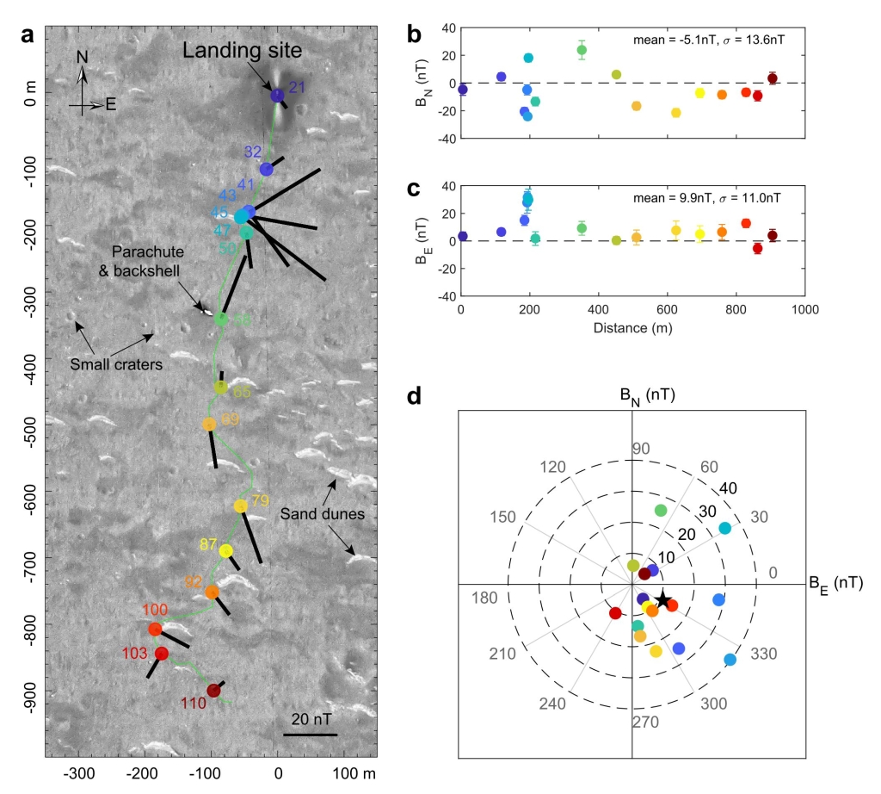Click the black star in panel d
pyautogui.click(x=662, y=599)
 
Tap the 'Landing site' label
pyautogui.click(x=242, y=53)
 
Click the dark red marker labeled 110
pyautogui.click(x=214, y=690)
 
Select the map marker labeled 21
pyautogui.click(x=277, y=96)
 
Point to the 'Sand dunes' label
pyautogui.click(x=324, y=515)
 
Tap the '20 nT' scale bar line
pyautogui.click(x=310, y=735)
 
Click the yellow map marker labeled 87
pyautogui.click(x=225, y=550)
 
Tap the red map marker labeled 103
pyautogui.click(x=161, y=654)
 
